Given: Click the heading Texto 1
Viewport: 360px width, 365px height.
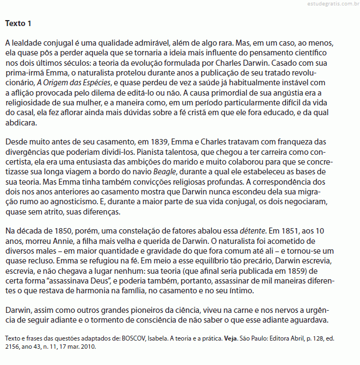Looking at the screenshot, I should click(x=18, y=23).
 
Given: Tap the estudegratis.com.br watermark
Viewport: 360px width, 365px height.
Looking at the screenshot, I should click(x=325, y=4).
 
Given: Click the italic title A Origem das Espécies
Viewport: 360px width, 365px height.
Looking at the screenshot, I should click(x=73, y=83).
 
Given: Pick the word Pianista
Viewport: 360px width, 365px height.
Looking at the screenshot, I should click(x=151, y=152).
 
